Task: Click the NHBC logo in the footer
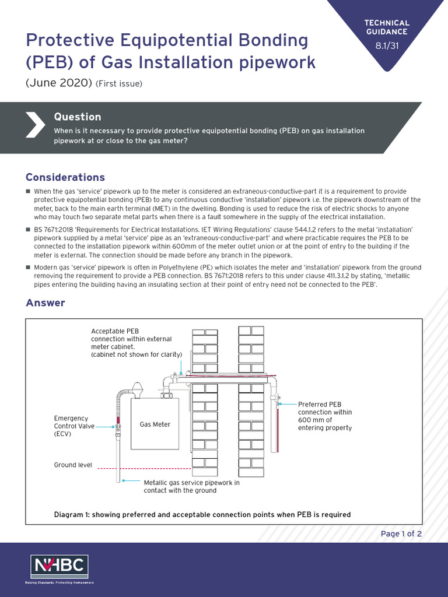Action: pyautogui.click(x=60, y=567)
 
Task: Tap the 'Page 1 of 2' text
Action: pyautogui.click(x=401, y=533)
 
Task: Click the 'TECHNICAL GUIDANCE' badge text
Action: pyautogui.click(x=387, y=27)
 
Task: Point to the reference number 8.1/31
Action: pyautogui.click(x=387, y=47)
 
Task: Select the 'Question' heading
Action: pyautogui.click(x=77, y=117)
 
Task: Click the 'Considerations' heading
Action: pyautogui.click(x=65, y=177)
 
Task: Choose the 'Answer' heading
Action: pyautogui.click(x=45, y=303)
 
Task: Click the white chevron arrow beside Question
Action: pyautogui.click(x=35, y=123)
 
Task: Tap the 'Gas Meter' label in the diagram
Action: pyautogui.click(x=155, y=424)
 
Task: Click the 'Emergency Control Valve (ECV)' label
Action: pyautogui.click(x=71, y=426)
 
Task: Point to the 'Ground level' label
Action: pyautogui.click(x=73, y=465)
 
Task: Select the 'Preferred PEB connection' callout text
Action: pyautogui.click(x=325, y=416)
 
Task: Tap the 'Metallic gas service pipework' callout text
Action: pyautogui.click(x=191, y=486)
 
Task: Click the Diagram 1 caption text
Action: pyautogui.click(x=202, y=514)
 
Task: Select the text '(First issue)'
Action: pyautogui.click(x=119, y=83)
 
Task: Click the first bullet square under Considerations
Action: pyautogui.click(x=28, y=192)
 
